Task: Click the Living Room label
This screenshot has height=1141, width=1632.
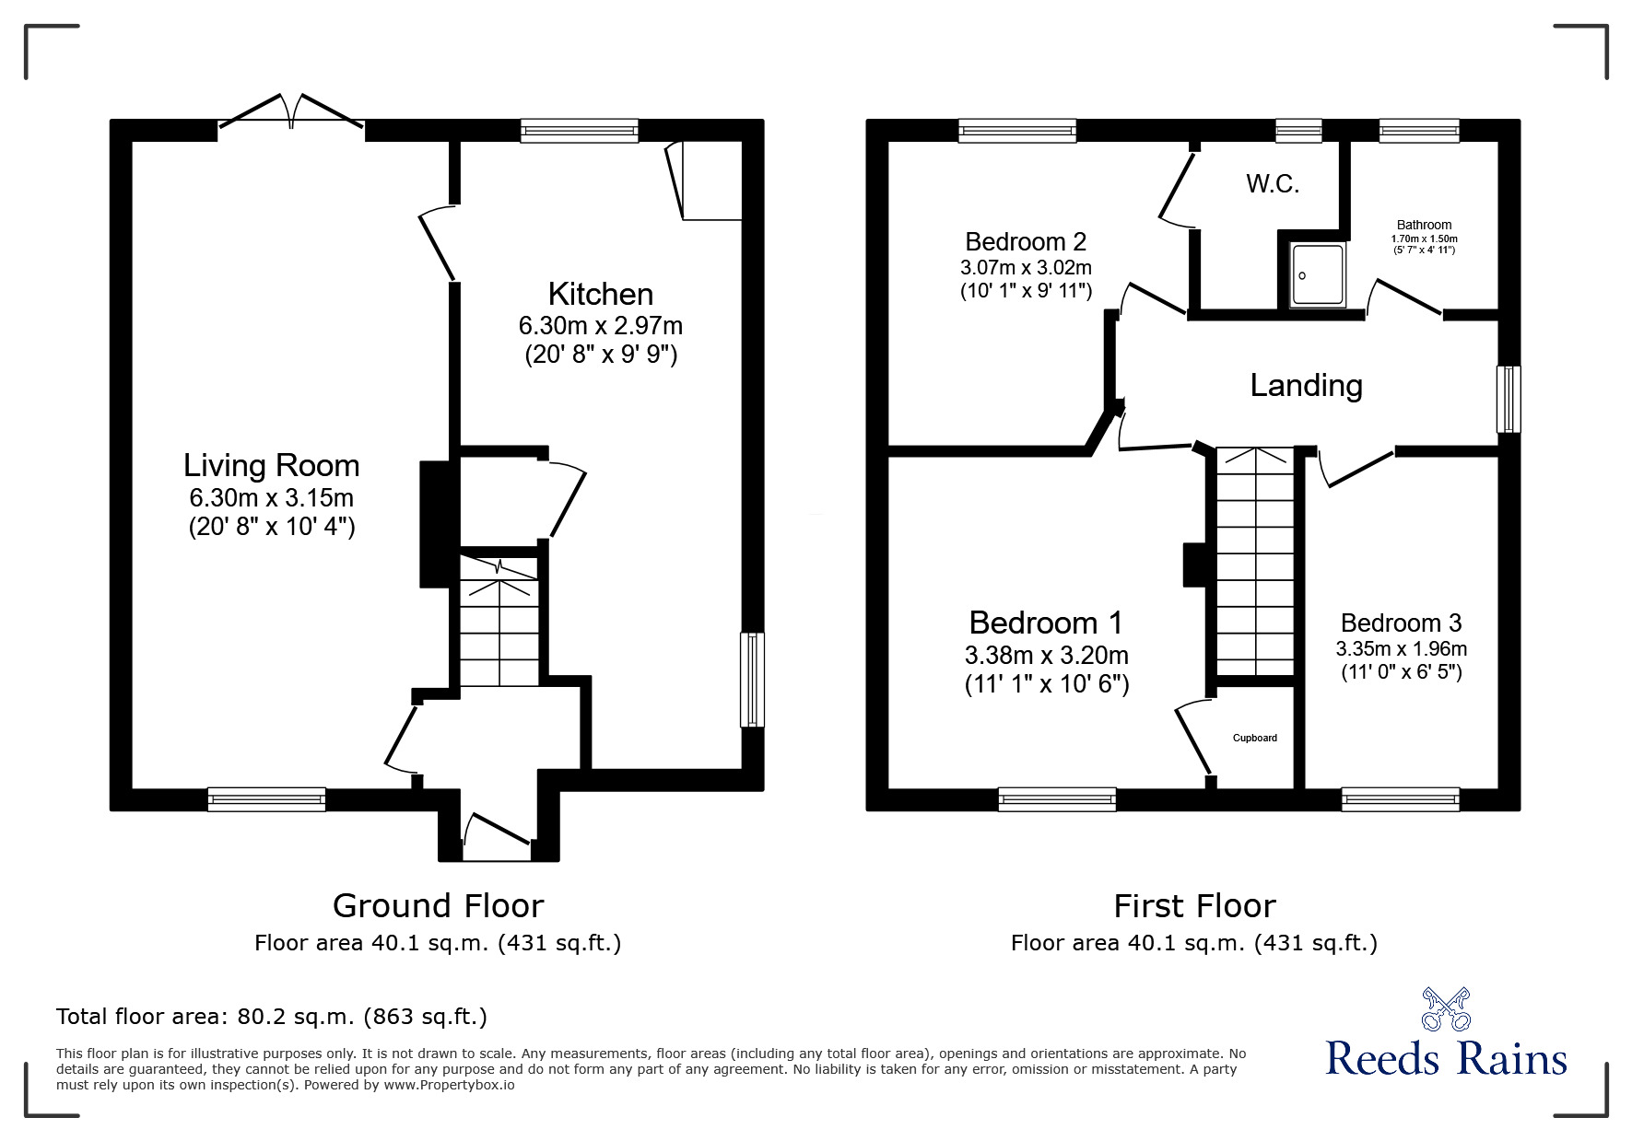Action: (271, 465)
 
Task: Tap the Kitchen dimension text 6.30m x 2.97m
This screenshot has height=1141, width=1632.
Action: (600, 325)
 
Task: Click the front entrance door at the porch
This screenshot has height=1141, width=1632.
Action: (497, 833)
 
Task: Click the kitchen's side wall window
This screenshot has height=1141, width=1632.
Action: (752, 679)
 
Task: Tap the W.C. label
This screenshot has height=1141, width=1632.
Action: (1273, 184)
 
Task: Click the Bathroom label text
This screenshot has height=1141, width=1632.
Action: (1423, 225)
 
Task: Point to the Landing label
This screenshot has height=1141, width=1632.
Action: (1305, 385)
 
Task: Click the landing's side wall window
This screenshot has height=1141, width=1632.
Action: (1508, 399)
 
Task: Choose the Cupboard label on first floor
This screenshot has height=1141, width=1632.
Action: (1254, 738)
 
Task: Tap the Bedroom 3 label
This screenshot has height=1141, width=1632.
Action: (1401, 623)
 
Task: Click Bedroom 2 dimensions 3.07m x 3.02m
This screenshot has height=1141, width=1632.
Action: (1025, 268)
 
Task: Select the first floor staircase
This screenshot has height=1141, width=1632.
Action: (1254, 562)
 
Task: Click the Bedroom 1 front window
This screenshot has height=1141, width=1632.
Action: (1056, 798)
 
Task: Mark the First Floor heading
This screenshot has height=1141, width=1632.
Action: (1193, 906)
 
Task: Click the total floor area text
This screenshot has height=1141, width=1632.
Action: (271, 1017)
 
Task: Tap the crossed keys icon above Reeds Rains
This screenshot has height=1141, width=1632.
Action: (1445, 1009)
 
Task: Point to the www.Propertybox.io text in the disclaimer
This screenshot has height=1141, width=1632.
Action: (449, 1085)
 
